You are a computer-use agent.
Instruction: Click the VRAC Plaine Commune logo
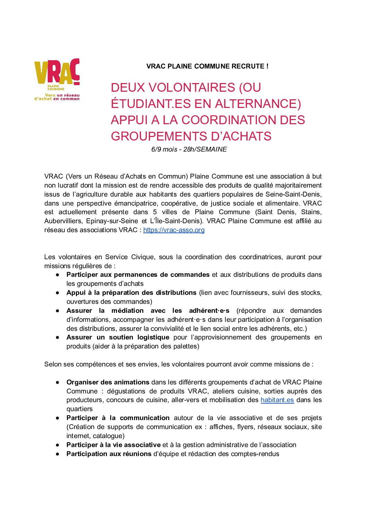[x=57, y=79]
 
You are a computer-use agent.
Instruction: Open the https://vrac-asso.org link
[x=174, y=230]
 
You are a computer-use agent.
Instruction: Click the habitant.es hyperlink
[x=277, y=400]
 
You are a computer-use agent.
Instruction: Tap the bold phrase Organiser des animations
[x=108, y=382]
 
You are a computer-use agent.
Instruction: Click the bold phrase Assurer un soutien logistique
[x=118, y=337]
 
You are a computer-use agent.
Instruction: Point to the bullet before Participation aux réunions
[x=58, y=454]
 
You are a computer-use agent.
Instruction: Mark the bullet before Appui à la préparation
[x=58, y=293]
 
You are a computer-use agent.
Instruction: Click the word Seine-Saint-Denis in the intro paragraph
[x=293, y=194]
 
